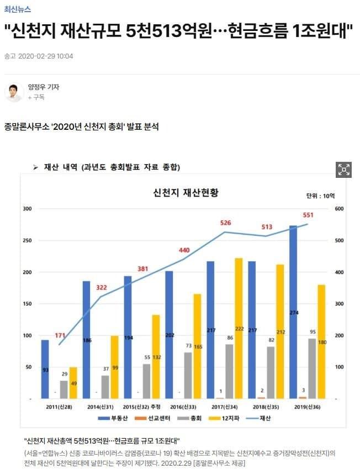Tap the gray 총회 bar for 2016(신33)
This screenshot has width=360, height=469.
click(188, 375)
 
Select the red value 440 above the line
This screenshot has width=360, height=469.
click(184, 250)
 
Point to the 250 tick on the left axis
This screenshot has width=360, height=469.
click(27, 240)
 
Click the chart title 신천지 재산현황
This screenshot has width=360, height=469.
click(186, 193)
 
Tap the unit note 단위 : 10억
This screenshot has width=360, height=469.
click(320, 196)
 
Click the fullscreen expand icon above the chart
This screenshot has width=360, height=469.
click(343, 170)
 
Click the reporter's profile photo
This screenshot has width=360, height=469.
click(14, 92)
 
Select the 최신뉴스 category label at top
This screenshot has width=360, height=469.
click(18, 9)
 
